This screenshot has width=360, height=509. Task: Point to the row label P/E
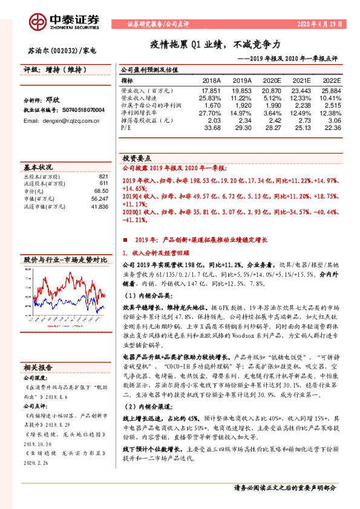126,128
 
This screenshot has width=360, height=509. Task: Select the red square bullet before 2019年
125,239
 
